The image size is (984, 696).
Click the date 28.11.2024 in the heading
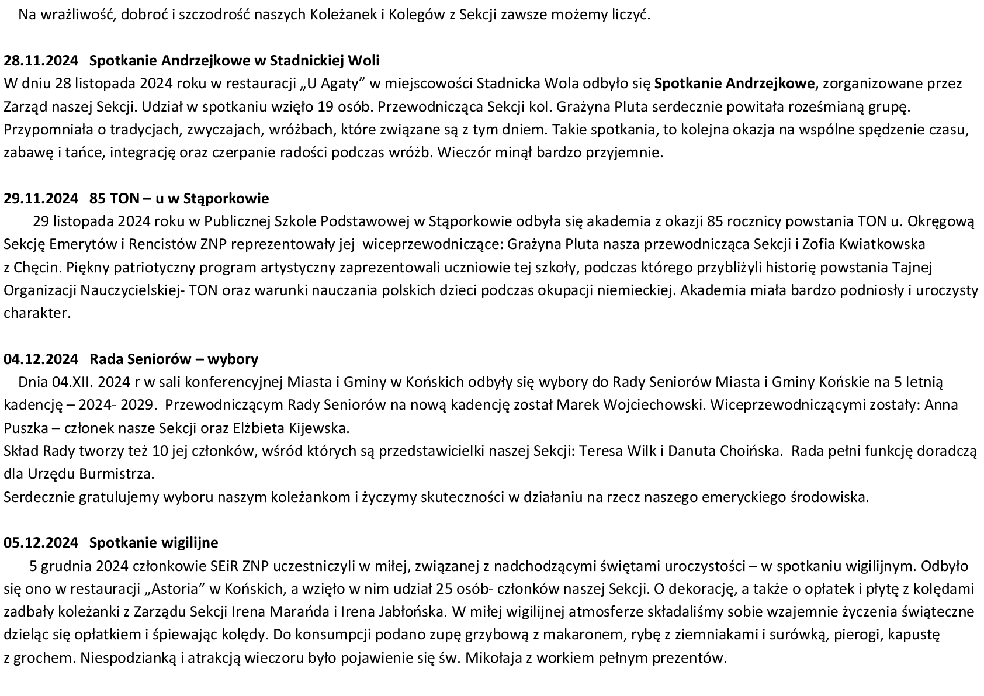[x=40, y=61]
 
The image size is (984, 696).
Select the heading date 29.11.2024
[x=40, y=199]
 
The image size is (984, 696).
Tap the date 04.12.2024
[x=40, y=359]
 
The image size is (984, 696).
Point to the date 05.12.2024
[x=40, y=543]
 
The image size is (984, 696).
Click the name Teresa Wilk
[x=613, y=451]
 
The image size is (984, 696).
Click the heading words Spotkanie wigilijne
[x=154, y=543]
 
